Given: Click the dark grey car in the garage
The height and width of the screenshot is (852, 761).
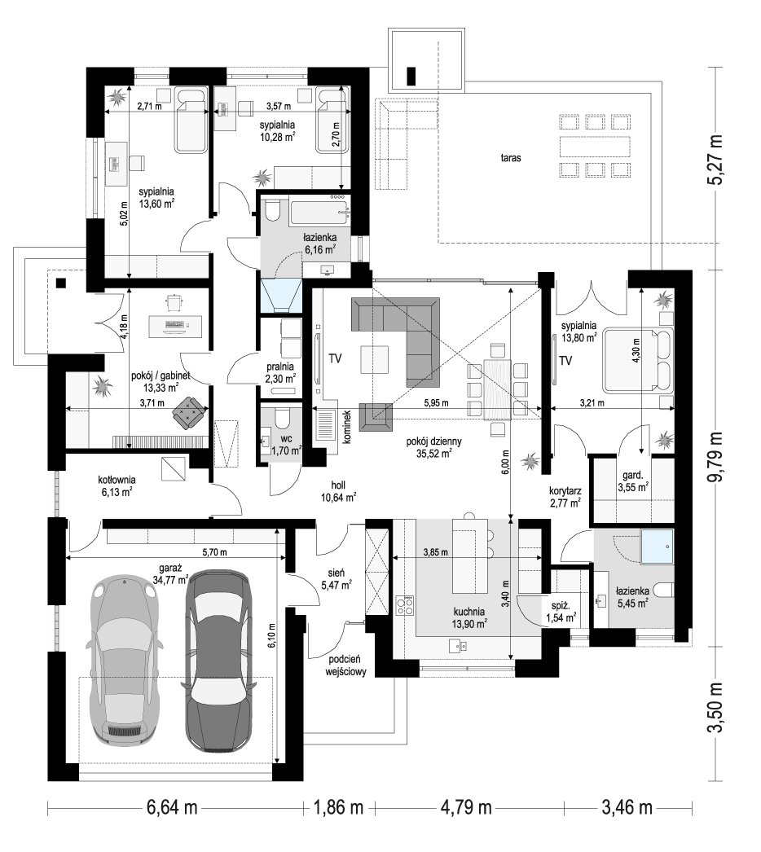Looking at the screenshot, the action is point(218,661).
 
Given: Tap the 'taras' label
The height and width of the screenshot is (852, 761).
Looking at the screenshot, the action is point(511,158).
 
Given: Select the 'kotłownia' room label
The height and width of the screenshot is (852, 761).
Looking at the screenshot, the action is point(117,481).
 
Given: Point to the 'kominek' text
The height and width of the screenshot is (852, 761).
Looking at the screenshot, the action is point(347,427).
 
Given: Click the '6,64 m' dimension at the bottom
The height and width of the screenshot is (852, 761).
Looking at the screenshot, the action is point(172,807).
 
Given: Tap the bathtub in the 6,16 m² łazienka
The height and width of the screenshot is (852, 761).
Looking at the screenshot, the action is point(319,214).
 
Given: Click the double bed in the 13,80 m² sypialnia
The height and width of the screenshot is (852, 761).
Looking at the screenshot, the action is point(638,358).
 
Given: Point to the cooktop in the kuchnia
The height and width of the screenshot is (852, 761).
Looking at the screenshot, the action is point(405,605).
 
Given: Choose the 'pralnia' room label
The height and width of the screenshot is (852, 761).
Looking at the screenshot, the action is point(280,367).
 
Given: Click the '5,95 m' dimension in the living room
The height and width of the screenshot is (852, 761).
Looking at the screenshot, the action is point(437,403).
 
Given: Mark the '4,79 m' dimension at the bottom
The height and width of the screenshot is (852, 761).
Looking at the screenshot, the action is point(466,807).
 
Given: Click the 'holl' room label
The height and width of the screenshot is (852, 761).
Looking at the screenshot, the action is point(337,485).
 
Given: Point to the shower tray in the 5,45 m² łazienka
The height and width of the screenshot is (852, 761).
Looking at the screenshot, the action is point(658,547).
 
